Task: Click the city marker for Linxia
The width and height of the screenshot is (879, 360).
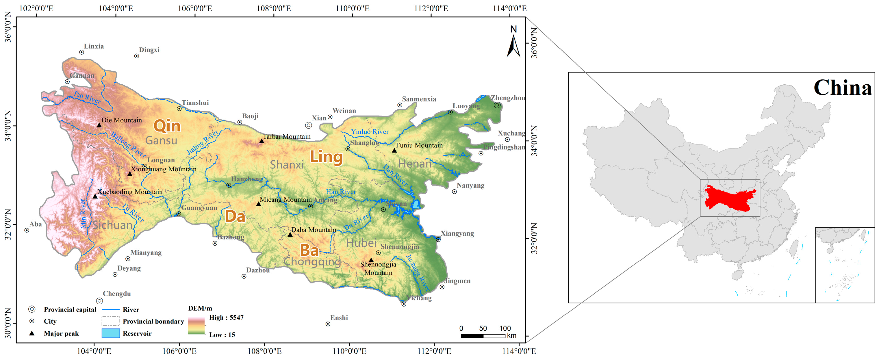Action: pos(81,52)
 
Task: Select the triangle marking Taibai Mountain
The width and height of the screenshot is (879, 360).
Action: pos(262,141)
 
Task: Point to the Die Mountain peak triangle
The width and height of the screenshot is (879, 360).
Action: pos(99,125)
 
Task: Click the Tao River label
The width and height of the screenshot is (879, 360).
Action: pos(87,97)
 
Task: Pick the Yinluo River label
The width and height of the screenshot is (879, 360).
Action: pos(370,132)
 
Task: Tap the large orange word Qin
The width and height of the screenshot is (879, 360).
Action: pos(167,126)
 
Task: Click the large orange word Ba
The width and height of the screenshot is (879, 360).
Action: pos(309,250)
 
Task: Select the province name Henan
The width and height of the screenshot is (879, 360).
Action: pos(415,164)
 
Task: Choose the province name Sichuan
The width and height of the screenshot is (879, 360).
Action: pos(113,225)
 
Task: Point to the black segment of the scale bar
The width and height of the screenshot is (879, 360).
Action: pos(472,336)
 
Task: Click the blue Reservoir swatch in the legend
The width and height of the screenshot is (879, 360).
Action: pos(111,333)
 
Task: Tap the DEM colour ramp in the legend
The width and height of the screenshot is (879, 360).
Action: pos(196,326)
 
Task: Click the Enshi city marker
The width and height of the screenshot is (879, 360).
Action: pos(328,324)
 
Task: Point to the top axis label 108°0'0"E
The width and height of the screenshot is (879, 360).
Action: pos(274,8)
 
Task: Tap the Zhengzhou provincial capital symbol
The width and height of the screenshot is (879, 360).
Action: pos(497,105)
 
